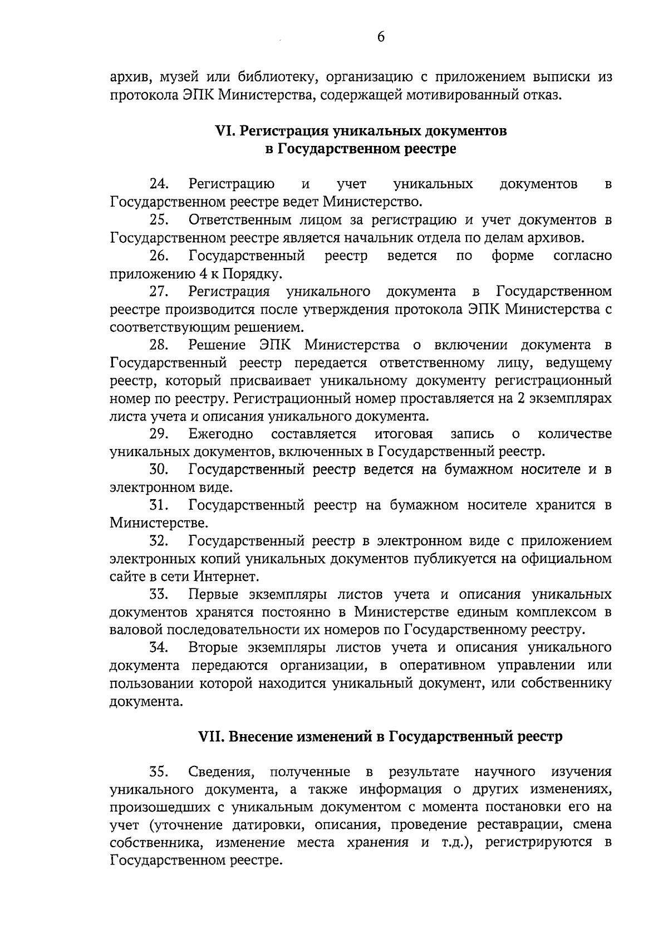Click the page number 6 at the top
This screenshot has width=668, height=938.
[x=381, y=37]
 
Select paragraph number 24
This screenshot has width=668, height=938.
[x=160, y=184]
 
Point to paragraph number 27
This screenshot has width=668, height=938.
[x=160, y=291]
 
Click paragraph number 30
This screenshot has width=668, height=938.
[x=160, y=470]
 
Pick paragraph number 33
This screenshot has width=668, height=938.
[x=160, y=594]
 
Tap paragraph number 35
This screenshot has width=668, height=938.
[x=160, y=772]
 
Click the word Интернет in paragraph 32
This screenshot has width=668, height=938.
[x=225, y=577]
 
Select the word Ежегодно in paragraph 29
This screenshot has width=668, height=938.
[x=221, y=434]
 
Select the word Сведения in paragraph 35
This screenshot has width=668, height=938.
[x=220, y=772]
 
